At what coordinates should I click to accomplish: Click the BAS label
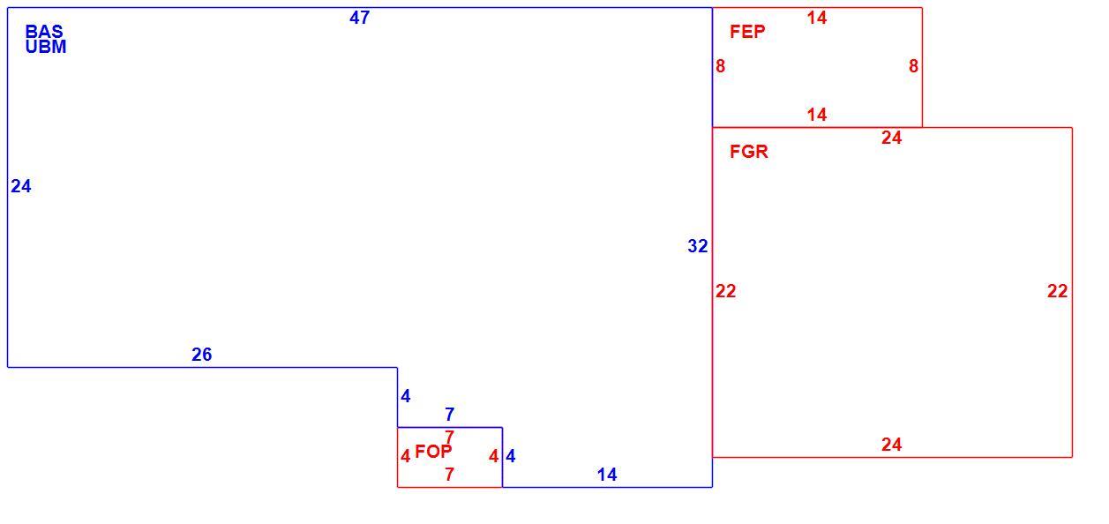coord(44,31)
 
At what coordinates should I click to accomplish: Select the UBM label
coord(46,47)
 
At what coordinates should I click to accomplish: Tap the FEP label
coord(747,32)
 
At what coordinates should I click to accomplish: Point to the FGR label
coord(748,152)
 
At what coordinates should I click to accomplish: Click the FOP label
coord(433,452)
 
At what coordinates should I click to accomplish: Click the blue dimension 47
coord(359,18)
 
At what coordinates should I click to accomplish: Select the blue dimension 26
coord(201,355)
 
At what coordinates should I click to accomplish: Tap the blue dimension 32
coord(698,246)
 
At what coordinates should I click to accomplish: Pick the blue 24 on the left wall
coord(21,186)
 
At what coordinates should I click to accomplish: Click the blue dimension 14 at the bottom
coord(607,475)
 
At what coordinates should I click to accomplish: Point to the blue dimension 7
coord(449,414)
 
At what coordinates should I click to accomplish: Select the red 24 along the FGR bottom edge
coord(891,445)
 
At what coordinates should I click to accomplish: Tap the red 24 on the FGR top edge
coord(891,138)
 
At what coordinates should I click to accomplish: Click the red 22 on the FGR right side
coord(1057,291)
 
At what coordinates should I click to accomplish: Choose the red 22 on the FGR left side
coord(725,291)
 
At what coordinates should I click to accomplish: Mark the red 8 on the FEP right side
coord(913,66)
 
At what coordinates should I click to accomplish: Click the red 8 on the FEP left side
coord(720,66)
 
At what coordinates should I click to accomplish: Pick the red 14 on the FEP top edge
coord(817,18)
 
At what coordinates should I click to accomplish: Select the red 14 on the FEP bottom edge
coord(817,115)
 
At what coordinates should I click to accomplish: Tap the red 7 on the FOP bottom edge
coord(449,475)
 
